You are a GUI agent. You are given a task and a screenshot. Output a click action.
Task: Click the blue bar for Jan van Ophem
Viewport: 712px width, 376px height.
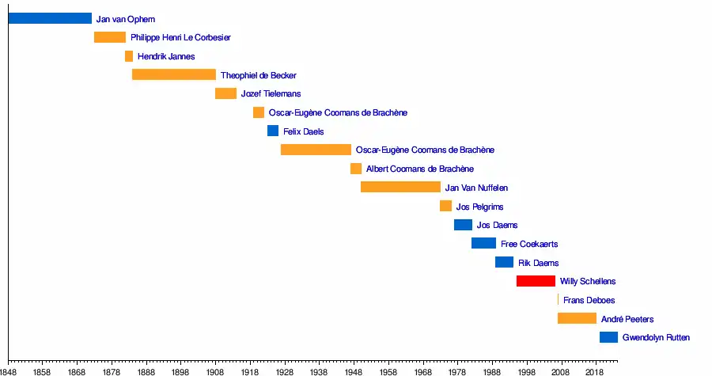pos(50,18)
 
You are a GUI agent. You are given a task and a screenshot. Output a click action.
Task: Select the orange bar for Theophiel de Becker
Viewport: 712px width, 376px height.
pos(174,74)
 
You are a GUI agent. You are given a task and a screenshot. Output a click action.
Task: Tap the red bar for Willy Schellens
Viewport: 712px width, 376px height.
pos(536,281)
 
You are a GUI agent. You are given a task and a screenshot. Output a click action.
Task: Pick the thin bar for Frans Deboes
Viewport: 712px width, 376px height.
pos(558,300)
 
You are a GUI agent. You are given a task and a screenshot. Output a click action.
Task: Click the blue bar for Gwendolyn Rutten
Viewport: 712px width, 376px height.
pos(608,337)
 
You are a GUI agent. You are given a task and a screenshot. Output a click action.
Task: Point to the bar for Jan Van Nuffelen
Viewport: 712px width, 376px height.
pos(400,187)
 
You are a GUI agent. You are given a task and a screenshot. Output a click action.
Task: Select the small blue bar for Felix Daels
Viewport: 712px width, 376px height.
pos(273,131)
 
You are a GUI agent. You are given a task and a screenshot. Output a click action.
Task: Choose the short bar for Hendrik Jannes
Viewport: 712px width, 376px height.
pos(129,56)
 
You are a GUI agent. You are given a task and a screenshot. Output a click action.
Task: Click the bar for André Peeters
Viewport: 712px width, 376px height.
pos(577,318)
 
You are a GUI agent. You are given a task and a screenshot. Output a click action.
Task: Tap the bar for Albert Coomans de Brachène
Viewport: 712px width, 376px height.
pos(356,169)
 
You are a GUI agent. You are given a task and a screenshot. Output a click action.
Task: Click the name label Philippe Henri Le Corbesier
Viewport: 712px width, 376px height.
pos(180,37)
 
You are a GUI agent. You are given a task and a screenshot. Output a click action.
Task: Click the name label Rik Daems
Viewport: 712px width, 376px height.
pos(538,263)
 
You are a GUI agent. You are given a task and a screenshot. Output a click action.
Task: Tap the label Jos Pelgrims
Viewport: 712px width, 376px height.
pos(479,207)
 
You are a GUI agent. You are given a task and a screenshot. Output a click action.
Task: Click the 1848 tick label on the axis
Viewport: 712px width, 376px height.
pos(8,370)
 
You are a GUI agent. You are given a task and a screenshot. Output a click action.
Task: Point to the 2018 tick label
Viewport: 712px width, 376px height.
pos(596,370)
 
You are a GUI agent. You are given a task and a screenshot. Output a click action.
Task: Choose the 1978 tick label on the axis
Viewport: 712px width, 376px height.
pos(457,370)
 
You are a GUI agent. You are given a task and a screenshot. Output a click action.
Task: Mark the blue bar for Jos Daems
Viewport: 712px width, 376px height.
pos(463,225)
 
